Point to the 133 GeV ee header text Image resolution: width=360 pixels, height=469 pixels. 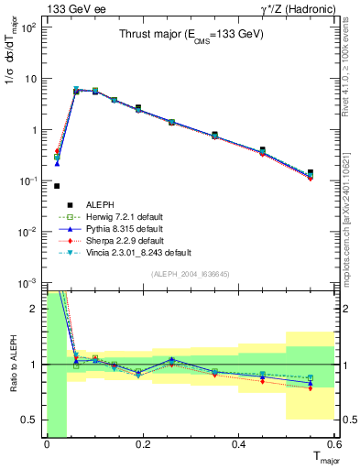point(71,8)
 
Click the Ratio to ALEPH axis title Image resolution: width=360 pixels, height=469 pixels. point(12,365)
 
